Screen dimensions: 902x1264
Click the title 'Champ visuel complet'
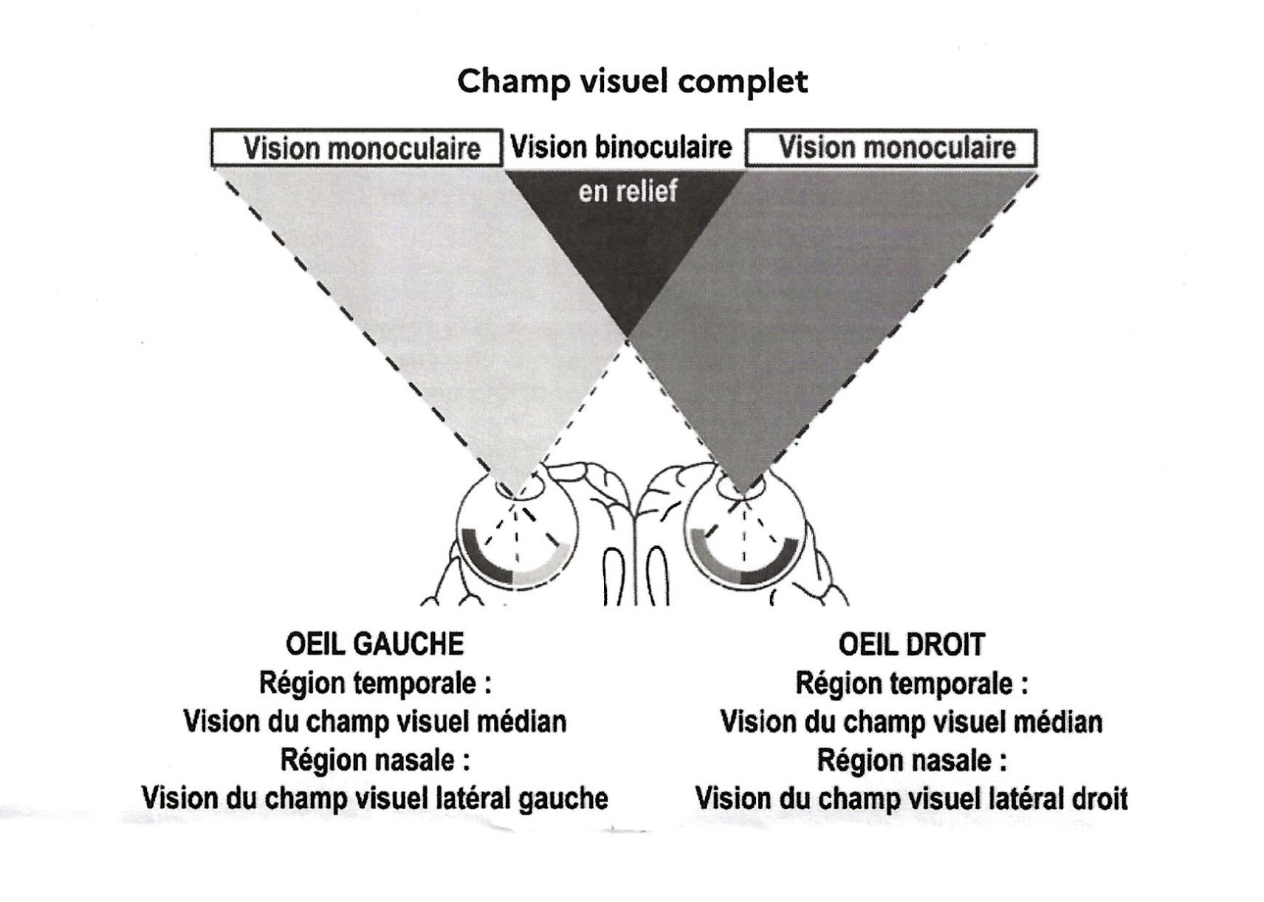pos(632,81)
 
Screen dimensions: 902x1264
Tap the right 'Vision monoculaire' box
pos(891,148)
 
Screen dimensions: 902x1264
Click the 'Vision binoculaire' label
pos(621,148)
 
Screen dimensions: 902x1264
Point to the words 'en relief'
pos(628,192)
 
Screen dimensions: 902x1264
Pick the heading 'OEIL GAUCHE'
pos(374,644)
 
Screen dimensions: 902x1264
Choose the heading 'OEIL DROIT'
pos(911,645)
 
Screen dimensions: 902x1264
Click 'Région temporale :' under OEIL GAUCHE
pos(375,684)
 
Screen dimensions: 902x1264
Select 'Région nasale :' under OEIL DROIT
pos(911,760)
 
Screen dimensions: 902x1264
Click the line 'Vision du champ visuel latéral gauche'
pos(374,799)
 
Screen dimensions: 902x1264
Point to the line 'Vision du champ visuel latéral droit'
pos(911,799)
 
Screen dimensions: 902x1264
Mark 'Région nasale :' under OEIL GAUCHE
pos(375,760)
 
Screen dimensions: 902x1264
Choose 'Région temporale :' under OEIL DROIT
pos(911,684)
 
